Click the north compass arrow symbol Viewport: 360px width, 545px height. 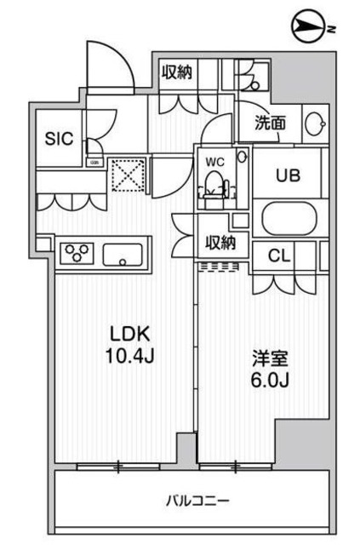309,27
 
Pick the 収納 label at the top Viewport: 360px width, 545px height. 178,72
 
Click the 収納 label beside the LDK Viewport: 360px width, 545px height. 219,244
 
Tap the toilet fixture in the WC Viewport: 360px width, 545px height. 214,183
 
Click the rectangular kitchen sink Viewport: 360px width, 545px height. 123,254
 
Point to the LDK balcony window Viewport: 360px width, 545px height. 119,466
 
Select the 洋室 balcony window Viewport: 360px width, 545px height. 231,466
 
